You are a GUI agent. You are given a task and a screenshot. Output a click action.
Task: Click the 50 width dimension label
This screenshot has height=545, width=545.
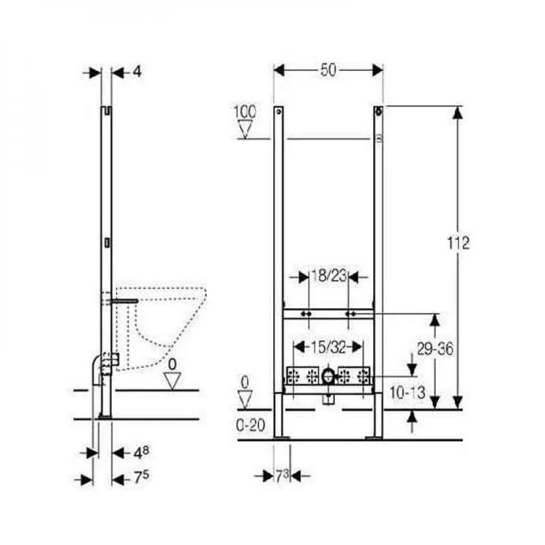329,70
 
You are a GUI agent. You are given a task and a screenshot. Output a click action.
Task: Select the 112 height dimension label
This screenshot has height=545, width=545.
458,243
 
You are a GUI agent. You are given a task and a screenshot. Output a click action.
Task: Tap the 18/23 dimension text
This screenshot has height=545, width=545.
329,276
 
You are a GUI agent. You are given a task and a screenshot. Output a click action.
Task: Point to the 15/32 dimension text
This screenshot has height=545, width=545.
329,347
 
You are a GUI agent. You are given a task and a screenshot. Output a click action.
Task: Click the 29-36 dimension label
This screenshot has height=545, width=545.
435,349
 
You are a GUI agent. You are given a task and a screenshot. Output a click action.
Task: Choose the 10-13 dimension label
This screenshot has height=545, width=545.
407,393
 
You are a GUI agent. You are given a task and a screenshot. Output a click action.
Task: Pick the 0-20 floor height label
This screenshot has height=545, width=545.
250,425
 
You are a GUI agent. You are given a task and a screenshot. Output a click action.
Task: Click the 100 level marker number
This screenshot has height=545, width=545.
244,112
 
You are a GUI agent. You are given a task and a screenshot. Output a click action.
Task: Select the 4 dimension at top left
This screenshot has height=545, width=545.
138,72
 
